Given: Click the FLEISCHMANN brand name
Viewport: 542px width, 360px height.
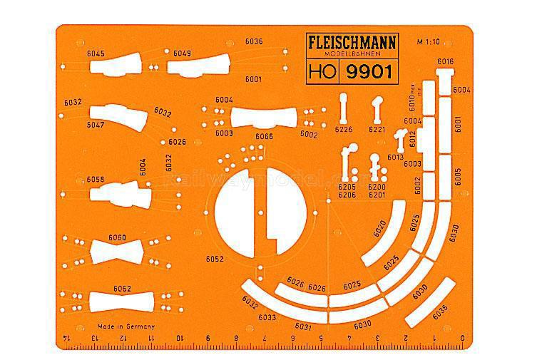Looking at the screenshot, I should tap(352, 41).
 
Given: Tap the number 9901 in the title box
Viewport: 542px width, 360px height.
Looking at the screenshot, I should tap(370, 71).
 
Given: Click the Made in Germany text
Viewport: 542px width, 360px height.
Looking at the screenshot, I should tap(126, 326).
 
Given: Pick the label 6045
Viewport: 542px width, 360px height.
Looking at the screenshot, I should tap(95, 54).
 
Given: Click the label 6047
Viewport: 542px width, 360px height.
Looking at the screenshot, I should tap(96, 125).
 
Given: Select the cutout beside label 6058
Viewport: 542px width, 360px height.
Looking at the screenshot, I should tap(121, 194).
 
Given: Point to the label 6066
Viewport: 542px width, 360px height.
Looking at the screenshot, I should tap(264, 136).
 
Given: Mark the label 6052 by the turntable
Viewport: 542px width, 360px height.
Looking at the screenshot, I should tap(214, 258).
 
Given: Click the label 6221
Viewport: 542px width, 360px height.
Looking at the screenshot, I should tap(377, 130).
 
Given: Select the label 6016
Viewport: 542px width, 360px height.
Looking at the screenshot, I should tap(445, 63).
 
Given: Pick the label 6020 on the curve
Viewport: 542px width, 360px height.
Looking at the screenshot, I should tap(380, 227).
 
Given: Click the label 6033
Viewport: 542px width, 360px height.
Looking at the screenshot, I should tap(267, 317).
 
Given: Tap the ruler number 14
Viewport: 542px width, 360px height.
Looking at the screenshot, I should tap(67, 337).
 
